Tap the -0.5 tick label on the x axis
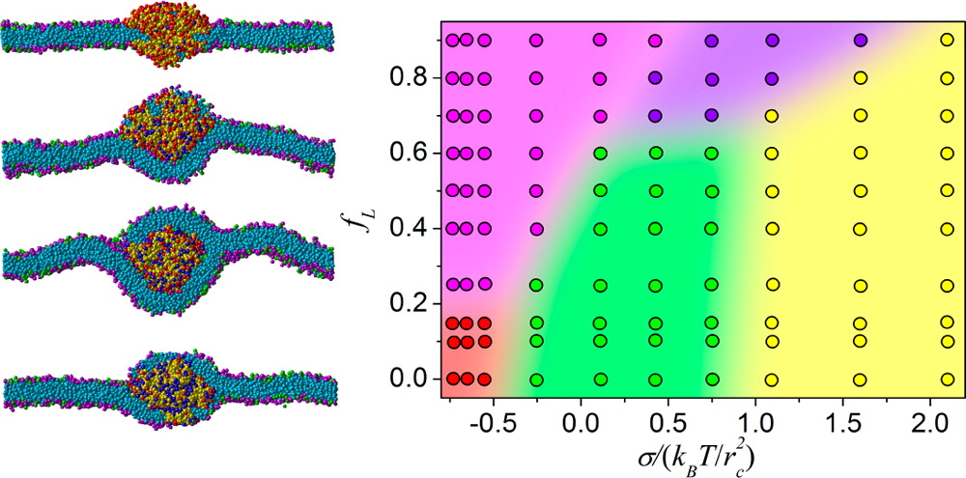click(490, 423)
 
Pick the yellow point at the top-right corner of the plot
click(947, 41)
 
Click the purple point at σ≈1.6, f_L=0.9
click(860, 41)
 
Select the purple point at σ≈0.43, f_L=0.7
click(655, 115)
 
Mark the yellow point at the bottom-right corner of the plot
click(947, 380)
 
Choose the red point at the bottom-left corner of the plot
click(451, 379)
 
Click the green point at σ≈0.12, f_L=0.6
click(600, 153)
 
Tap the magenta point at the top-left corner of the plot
click(451, 41)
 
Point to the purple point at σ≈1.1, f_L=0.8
click(772, 77)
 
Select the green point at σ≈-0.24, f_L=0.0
click(537, 380)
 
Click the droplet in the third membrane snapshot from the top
click(167, 259)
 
